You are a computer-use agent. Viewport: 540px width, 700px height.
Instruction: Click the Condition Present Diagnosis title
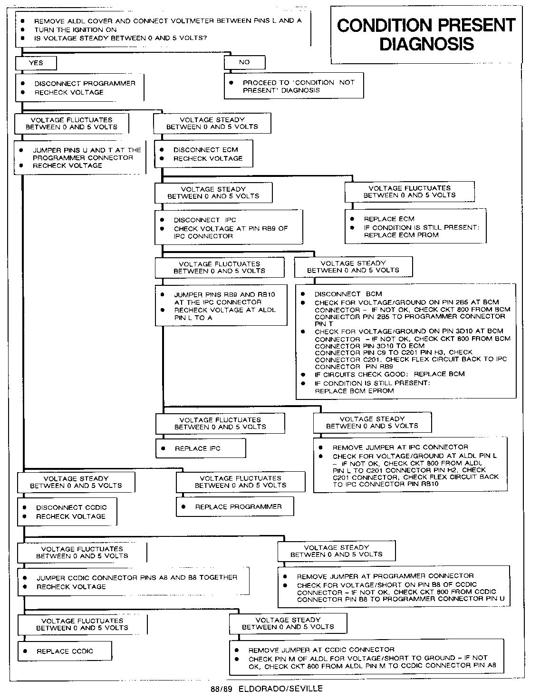(426, 34)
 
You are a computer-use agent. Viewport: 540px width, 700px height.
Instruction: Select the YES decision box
(36, 63)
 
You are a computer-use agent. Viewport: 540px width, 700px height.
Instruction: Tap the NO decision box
(244, 62)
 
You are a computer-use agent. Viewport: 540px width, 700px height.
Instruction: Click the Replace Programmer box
(235, 507)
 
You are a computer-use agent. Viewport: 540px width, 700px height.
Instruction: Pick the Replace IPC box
(201, 448)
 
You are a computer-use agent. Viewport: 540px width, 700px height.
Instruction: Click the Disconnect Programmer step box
(80, 87)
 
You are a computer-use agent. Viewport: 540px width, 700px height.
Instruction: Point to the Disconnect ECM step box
(204, 154)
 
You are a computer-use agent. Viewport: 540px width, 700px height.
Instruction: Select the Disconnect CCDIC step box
(67, 512)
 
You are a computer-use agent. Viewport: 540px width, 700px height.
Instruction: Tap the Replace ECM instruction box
(415, 227)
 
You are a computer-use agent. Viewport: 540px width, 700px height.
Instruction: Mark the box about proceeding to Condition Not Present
(294, 86)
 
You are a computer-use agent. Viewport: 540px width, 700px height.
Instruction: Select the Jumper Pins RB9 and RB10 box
(221, 306)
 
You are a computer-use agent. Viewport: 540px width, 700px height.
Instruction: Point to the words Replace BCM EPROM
(355, 391)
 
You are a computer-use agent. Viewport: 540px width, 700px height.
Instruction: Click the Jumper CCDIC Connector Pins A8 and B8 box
(134, 582)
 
